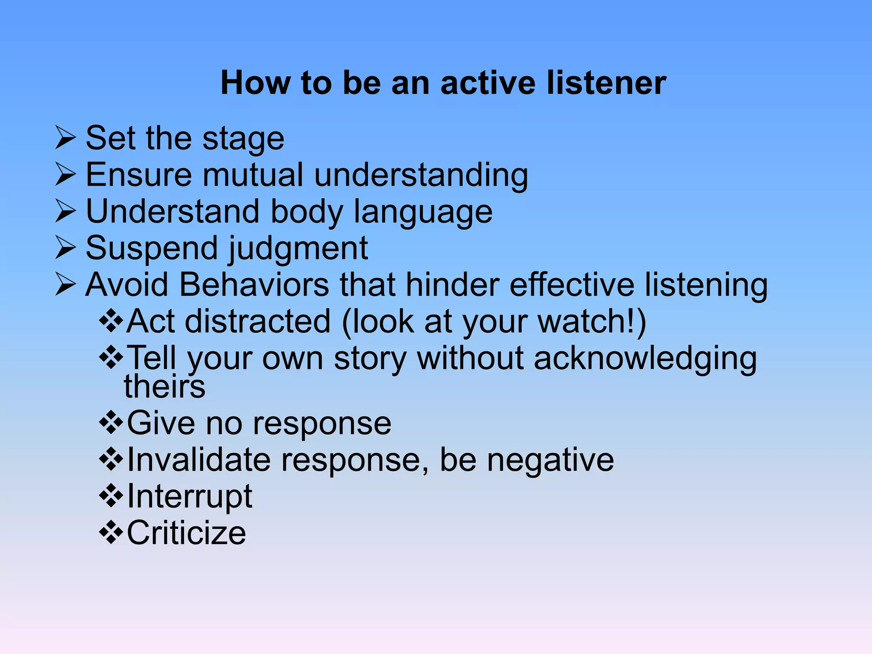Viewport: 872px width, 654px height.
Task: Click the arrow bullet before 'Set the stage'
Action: tap(66, 138)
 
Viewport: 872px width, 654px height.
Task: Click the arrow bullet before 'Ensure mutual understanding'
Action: tap(66, 175)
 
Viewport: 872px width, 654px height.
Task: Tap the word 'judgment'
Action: tap(298, 249)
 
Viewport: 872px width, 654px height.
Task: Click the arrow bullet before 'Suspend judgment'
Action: tap(66, 248)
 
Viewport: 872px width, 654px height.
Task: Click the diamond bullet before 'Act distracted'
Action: tap(111, 321)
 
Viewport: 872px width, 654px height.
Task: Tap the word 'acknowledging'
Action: tap(645, 359)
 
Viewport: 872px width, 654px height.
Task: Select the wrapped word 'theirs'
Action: tap(165, 387)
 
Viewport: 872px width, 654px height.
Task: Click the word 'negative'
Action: tap(550, 460)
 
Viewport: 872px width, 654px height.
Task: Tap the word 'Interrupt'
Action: tap(189, 496)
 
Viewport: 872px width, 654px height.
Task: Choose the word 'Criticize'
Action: tap(186, 533)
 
